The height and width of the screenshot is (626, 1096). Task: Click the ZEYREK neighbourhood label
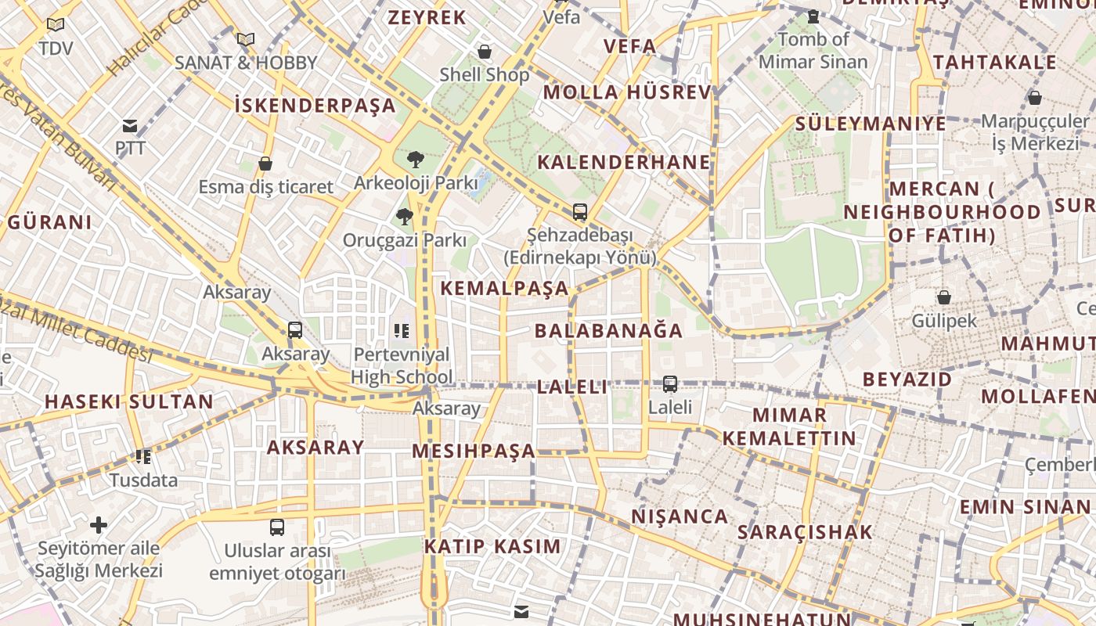click(427, 18)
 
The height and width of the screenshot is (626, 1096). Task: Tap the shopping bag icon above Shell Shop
click(485, 52)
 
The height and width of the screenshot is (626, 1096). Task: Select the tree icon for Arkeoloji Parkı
click(415, 160)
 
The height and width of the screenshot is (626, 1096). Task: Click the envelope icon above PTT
click(130, 125)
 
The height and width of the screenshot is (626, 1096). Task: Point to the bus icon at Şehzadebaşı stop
click(579, 211)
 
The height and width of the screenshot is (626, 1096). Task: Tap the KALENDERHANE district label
click(623, 163)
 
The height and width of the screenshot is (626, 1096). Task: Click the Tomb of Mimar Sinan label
click(813, 50)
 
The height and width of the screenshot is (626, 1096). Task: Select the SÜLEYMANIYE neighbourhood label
click(871, 124)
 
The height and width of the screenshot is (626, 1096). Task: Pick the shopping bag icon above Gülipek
click(944, 297)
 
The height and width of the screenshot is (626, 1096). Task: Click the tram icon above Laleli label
click(670, 383)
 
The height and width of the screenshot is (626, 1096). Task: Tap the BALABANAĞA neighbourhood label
click(608, 331)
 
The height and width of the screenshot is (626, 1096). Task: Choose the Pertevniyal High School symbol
click(402, 331)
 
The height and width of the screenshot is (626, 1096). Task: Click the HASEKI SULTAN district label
click(128, 402)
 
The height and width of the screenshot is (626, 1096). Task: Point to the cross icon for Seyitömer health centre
click(99, 524)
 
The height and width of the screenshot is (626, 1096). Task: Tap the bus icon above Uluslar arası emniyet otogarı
click(277, 527)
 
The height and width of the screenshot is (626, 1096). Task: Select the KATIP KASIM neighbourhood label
click(492, 547)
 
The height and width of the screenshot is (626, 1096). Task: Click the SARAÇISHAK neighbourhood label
click(805, 533)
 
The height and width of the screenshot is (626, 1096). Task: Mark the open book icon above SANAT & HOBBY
click(246, 39)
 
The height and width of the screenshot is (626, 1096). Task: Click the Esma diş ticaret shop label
click(265, 187)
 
